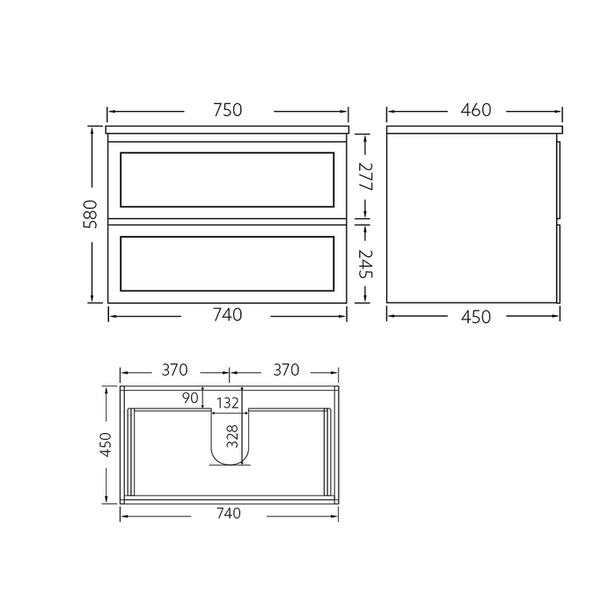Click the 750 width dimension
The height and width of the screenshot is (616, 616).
tap(228, 110)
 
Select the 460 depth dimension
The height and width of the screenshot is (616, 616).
tap(474, 110)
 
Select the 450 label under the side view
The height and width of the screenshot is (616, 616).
tap(474, 316)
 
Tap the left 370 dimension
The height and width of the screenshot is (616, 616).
tap(174, 370)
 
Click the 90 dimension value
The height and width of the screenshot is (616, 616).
tap(189, 398)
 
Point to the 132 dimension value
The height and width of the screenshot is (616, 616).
tap(228, 403)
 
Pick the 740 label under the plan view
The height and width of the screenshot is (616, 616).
tap(227, 513)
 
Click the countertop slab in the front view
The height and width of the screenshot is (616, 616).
tap(227, 130)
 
